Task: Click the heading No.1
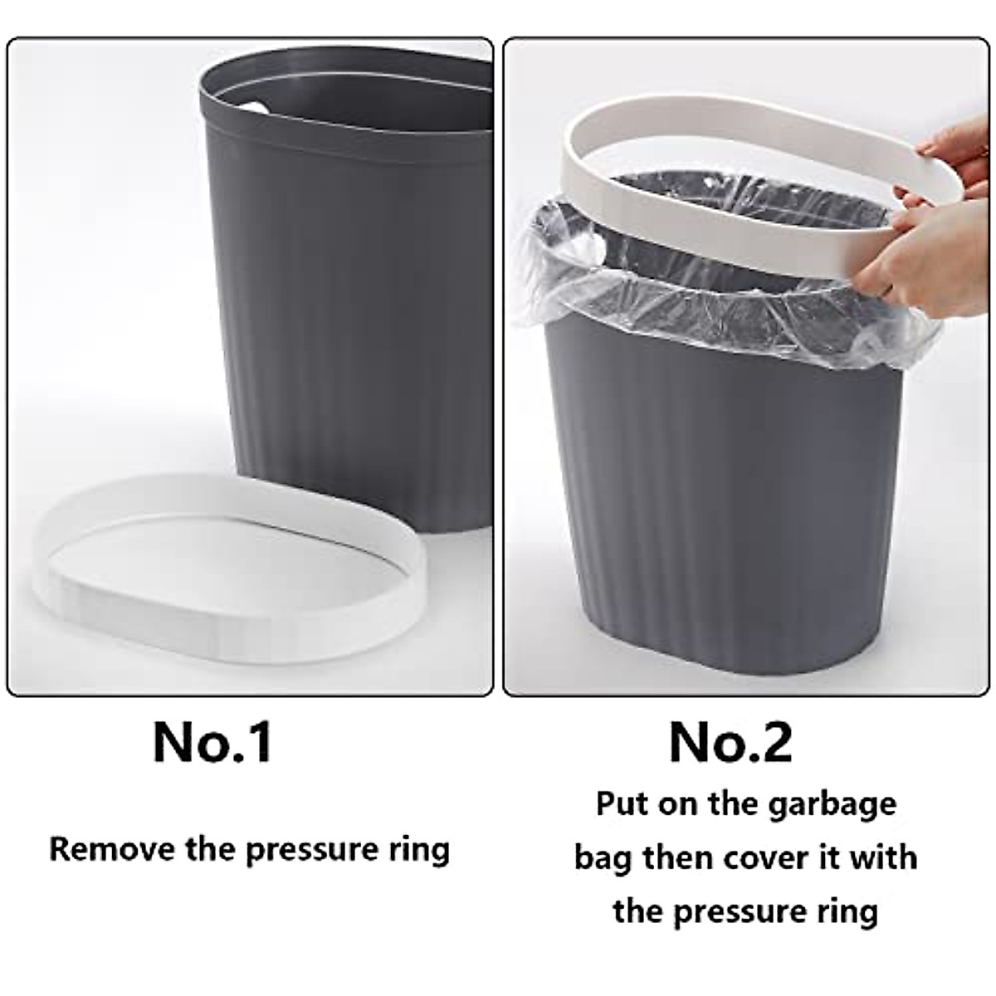coord(212,743)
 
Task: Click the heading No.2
coord(730,743)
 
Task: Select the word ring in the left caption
coord(418,851)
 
